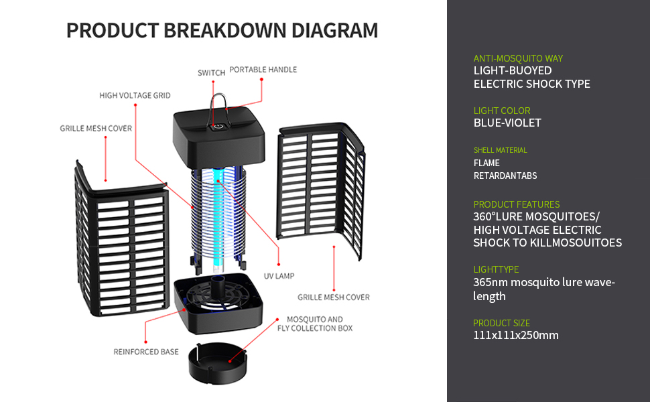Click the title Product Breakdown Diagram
222,31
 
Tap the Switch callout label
211,73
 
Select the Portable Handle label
263,70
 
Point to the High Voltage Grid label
135,96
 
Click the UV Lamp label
279,276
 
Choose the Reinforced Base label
146,352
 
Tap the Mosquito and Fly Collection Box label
315,324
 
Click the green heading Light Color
502,111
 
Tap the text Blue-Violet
507,123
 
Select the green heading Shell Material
500,150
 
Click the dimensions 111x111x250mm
516,335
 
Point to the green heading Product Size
501,323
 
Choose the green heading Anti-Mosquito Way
518,58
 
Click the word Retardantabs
505,176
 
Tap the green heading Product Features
516,204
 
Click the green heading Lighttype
496,269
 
